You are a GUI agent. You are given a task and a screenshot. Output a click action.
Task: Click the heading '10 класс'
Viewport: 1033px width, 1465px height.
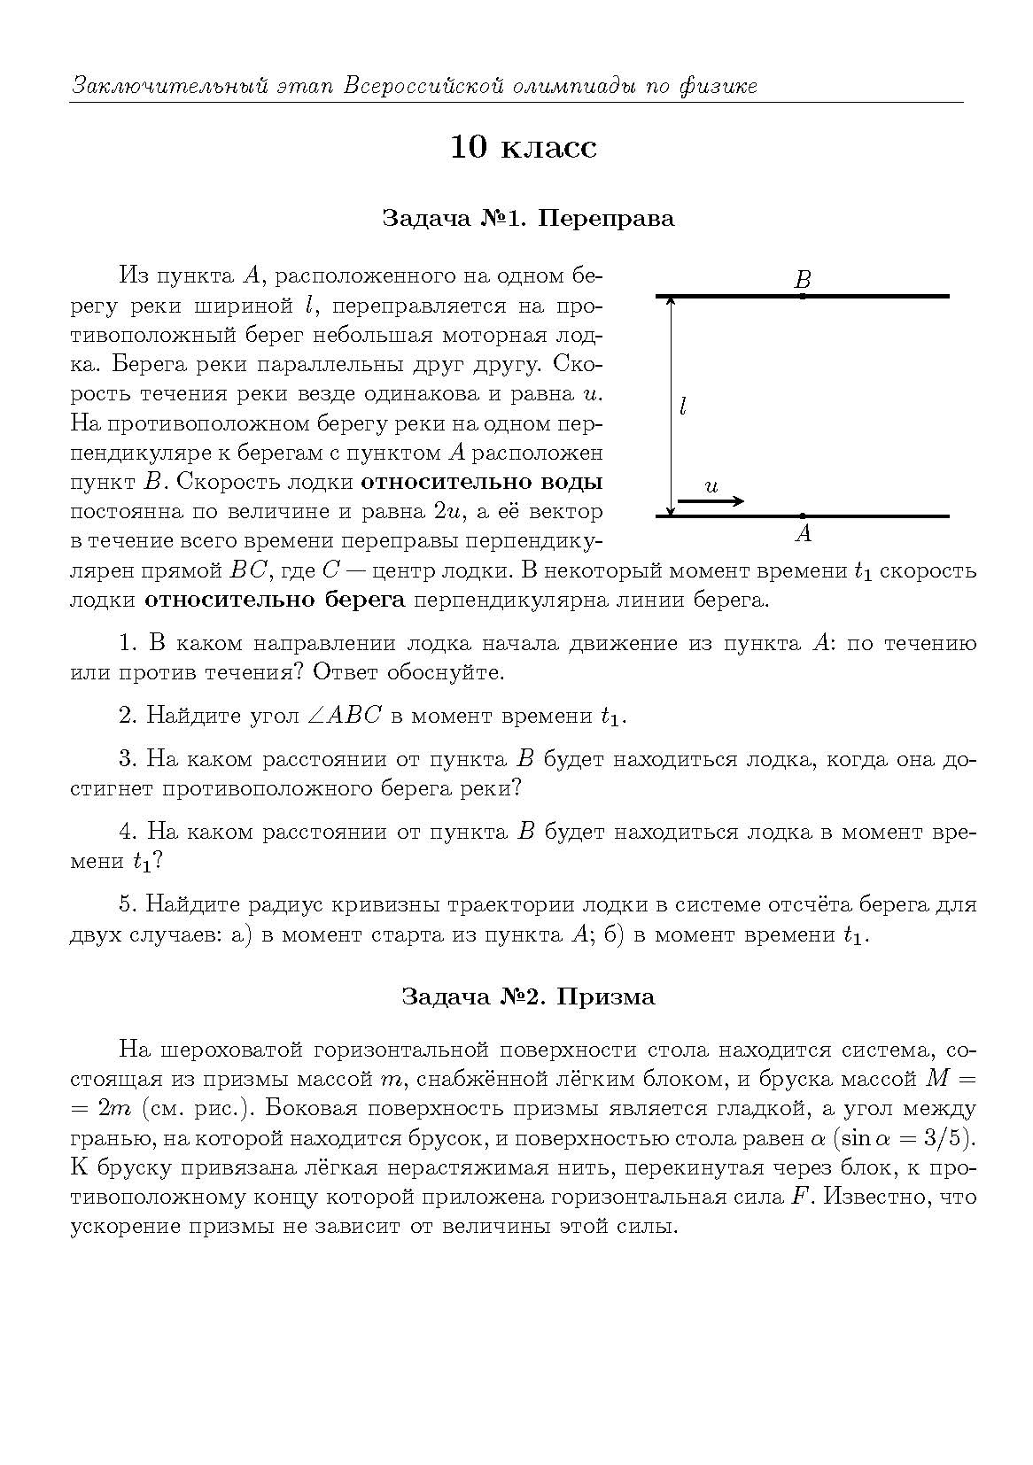click(524, 147)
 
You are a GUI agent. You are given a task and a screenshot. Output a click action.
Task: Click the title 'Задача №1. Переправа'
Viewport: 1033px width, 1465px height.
click(528, 218)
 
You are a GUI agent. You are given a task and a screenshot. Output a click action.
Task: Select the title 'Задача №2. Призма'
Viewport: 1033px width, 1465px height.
click(528, 996)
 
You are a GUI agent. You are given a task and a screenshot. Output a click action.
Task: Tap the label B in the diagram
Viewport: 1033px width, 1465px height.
click(803, 281)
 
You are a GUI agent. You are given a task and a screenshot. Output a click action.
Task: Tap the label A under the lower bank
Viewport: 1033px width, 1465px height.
click(803, 533)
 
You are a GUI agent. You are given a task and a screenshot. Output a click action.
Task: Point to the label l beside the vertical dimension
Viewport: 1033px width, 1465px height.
click(682, 407)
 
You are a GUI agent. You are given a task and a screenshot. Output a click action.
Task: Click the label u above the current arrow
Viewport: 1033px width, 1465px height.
click(711, 486)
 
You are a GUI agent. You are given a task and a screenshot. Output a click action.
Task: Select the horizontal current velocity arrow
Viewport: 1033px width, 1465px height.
click(711, 501)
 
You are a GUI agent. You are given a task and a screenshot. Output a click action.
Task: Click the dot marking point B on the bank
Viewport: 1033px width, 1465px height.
click(803, 296)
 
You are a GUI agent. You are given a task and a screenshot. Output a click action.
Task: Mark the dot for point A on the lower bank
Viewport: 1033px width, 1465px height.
click(803, 515)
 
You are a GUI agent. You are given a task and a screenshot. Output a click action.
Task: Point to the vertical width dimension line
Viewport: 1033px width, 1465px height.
click(671, 406)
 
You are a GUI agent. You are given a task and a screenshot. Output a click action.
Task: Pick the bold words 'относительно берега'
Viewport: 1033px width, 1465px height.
click(275, 601)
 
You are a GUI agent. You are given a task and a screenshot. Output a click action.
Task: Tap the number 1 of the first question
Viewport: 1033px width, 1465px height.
click(125, 644)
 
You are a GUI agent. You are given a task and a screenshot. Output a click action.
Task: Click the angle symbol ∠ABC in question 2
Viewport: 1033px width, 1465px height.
click(343, 716)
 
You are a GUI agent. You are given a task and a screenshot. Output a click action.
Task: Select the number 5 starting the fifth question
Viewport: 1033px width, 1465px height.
click(125, 905)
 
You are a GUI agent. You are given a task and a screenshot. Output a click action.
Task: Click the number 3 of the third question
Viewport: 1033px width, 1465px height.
click(125, 760)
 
